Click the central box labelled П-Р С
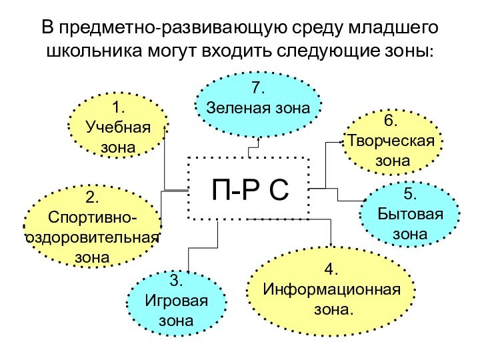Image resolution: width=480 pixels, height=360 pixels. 249,189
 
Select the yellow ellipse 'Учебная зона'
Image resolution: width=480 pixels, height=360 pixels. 119,126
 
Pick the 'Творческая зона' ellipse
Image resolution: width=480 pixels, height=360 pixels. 393,142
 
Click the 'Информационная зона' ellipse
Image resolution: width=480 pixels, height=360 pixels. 331,290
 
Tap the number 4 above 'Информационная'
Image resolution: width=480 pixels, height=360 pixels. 331,270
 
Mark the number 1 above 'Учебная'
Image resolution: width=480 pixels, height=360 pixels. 119,107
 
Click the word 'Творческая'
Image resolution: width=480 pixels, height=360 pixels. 391,141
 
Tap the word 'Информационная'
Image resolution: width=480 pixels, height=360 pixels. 332,290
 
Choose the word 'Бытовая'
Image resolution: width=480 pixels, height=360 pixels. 410,215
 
